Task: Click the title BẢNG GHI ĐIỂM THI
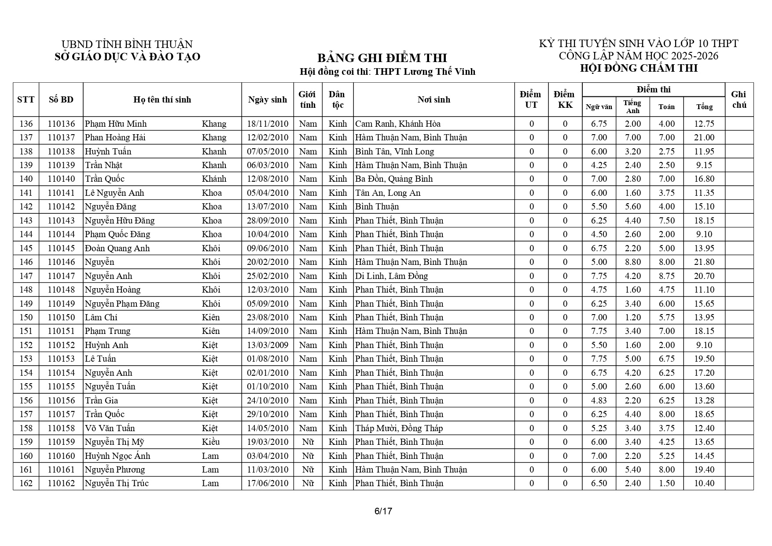point(382,58)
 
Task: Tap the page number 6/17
point(383,511)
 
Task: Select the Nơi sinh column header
point(434,99)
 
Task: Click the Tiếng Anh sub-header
point(632,106)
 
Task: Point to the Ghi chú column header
point(739,99)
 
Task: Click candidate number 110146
point(61,262)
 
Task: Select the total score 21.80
point(704,262)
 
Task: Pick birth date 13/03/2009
point(268,345)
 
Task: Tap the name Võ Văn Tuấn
point(110,428)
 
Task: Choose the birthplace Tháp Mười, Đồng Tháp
point(399,428)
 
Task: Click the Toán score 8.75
point(666,276)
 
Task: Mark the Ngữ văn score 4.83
point(599,400)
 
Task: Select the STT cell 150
point(26,318)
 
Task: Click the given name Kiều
point(211,442)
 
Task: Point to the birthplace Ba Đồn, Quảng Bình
point(394,179)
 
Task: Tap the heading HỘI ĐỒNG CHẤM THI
point(639,68)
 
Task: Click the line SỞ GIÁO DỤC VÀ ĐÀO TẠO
point(127,57)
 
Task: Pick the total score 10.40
point(704,483)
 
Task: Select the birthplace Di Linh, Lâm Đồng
point(391,276)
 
